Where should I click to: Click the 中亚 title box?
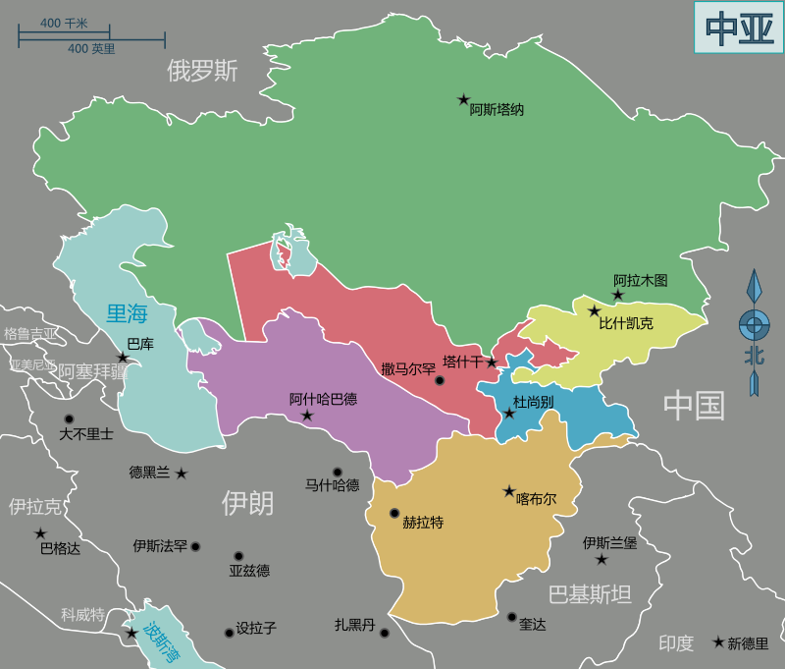tap(739, 28)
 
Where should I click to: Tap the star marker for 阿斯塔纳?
tap(463, 99)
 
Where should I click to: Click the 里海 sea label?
tap(127, 314)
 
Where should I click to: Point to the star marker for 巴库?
tap(123, 358)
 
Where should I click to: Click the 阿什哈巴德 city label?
tap(323, 399)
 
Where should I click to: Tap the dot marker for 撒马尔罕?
tap(440, 381)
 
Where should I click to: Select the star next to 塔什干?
tap(492, 362)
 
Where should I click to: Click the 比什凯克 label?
tap(626, 322)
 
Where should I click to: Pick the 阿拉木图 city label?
tap(640, 280)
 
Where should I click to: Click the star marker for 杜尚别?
tap(508, 414)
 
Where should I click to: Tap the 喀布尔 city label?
tap(537, 499)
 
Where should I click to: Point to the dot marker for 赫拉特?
tap(394, 513)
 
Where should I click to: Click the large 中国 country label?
tap(694, 405)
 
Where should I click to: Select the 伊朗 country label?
tap(247, 504)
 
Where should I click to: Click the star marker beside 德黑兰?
tap(182, 474)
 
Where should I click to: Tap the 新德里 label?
tap(749, 642)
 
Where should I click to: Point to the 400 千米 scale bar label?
tap(64, 23)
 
